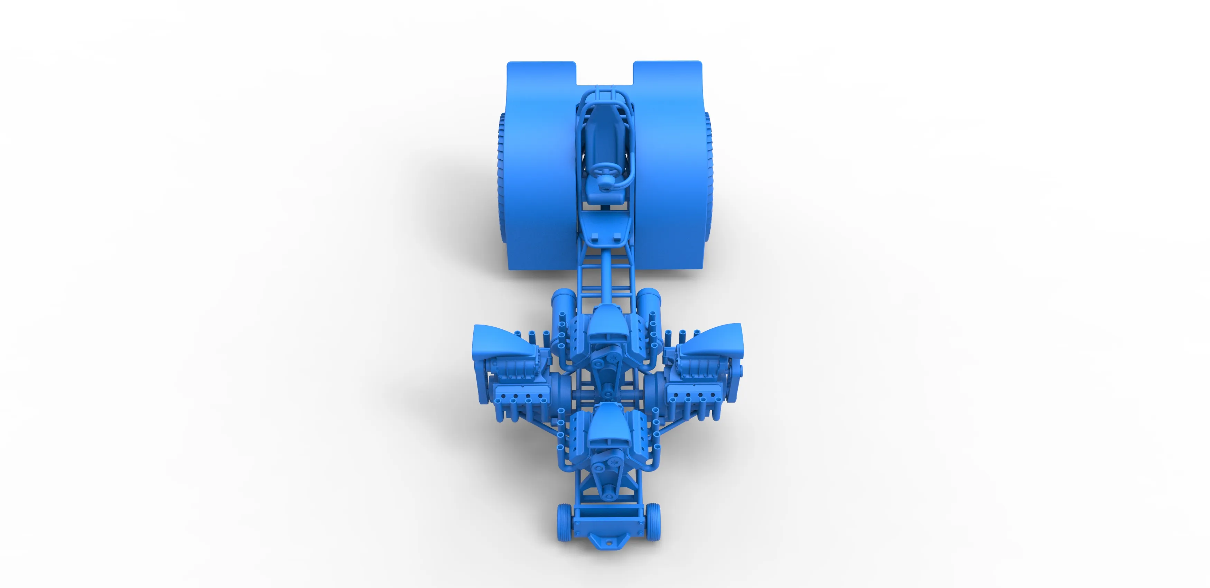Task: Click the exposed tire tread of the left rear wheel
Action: click(x=501, y=178)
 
